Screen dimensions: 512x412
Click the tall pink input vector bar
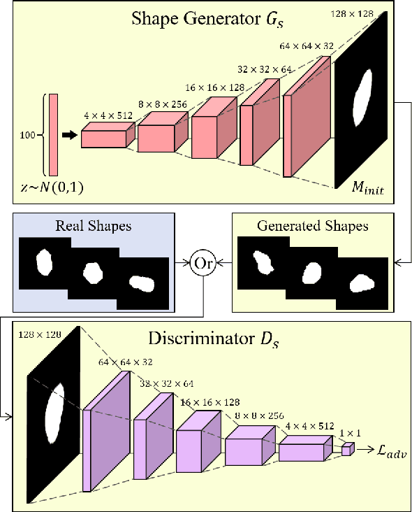coord(53,134)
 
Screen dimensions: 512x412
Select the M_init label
coord(367,187)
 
